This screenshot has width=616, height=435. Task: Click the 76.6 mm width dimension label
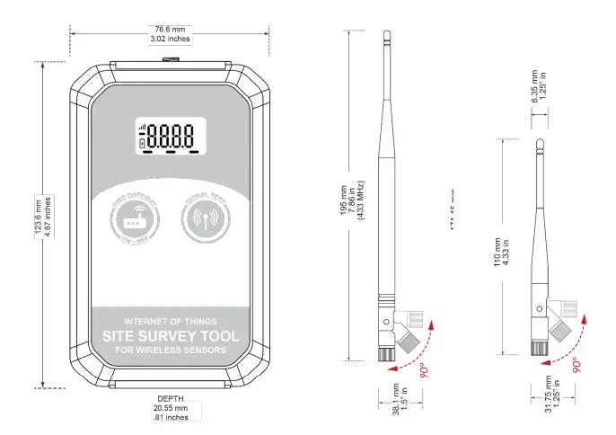pyautogui.click(x=169, y=33)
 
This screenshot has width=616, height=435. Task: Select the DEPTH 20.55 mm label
pyautogui.click(x=171, y=408)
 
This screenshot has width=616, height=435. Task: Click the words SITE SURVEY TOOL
pyautogui.click(x=170, y=336)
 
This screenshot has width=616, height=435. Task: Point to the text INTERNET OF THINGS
pyautogui.click(x=170, y=321)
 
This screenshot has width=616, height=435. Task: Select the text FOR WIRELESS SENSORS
pyautogui.click(x=170, y=350)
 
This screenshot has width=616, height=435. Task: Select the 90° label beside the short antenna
pyautogui.click(x=576, y=364)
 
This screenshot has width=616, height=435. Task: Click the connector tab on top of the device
pyautogui.click(x=169, y=60)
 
